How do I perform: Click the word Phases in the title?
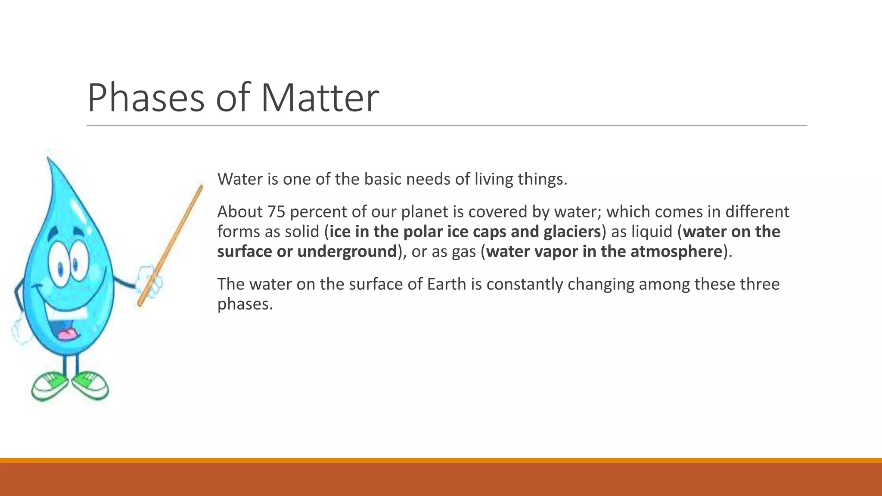point(146,98)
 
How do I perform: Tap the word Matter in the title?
point(320,98)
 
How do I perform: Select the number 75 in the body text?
point(276,212)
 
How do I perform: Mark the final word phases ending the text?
point(245,304)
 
